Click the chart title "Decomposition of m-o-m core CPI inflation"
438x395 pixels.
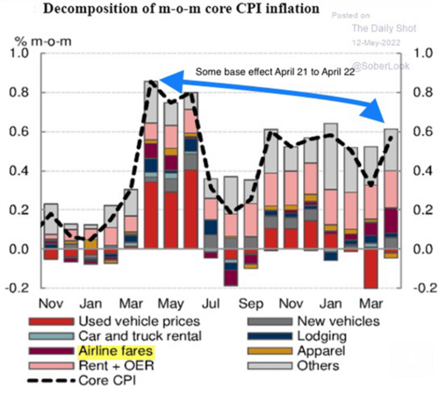click(162, 11)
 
